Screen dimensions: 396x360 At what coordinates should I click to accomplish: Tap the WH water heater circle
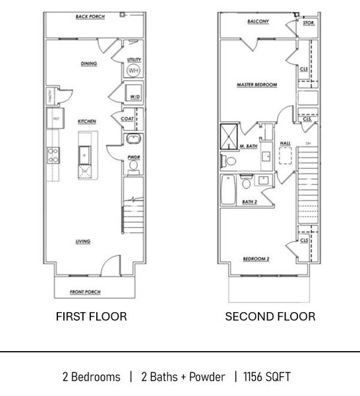pyautogui.click(x=133, y=71)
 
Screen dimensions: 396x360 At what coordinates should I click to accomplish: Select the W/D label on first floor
pyautogui.click(x=135, y=97)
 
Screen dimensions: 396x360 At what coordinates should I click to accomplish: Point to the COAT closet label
pyautogui.click(x=128, y=119)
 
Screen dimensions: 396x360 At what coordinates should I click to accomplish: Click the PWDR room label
pyautogui.click(x=132, y=157)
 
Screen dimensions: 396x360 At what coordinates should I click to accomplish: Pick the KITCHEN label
pyautogui.click(x=87, y=121)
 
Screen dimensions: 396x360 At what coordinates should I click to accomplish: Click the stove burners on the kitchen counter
pyautogui.click(x=52, y=156)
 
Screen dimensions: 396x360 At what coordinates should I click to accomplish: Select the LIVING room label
pyautogui.click(x=82, y=242)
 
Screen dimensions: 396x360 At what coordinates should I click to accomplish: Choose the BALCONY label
pyautogui.click(x=258, y=21)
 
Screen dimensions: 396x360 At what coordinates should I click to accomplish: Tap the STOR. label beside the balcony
pyautogui.click(x=308, y=22)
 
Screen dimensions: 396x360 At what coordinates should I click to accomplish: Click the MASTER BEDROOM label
pyautogui.click(x=256, y=85)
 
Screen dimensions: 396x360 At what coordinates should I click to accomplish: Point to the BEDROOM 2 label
pyautogui.click(x=256, y=258)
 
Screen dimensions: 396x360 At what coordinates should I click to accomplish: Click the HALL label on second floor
pyautogui.click(x=285, y=143)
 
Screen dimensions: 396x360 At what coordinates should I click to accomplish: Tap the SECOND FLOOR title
pyautogui.click(x=270, y=317)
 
